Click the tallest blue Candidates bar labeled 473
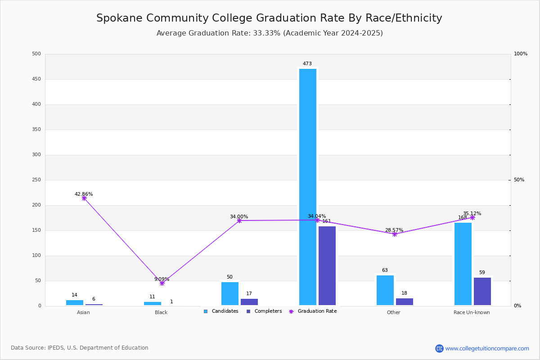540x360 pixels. click(x=308, y=187)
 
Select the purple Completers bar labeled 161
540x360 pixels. click(x=327, y=265)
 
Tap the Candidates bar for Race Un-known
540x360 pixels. click(x=463, y=264)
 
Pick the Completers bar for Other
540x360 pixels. click(x=405, y=302)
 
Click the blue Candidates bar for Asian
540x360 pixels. click(x=75, y=303)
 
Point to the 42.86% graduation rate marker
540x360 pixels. click(x=84, y=198)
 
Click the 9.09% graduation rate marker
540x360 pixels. click(x=162, y=283)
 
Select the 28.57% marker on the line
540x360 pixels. click(x=395, y=234)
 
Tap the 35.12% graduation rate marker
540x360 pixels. click(x=472, y=217)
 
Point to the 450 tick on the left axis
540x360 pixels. click(x=36, y=79)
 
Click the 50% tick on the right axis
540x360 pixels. click(x=519, y=180)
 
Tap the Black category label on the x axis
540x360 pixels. click(x=161, y=312)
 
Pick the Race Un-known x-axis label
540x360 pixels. click(x=472, y=312)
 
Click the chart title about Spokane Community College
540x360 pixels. click(x=269, y=18)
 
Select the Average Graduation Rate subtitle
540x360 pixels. click(x=270, y=33)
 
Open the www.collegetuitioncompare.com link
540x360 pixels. click(x=487, y=348)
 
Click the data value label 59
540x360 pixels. click(x=482, y=273)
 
